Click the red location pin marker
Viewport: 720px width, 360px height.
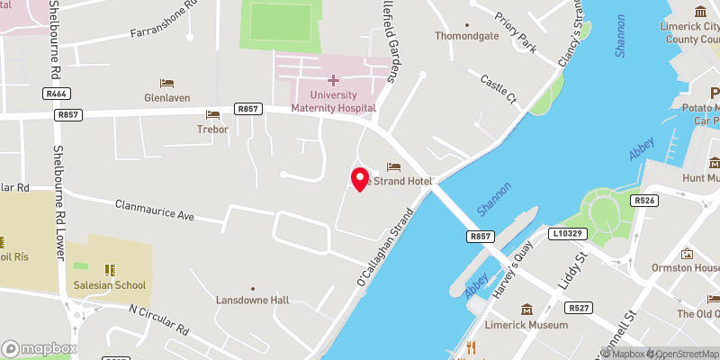coord(360,178)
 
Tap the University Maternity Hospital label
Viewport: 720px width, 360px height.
coord(333,101)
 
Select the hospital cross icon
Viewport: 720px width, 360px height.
coord(333,81)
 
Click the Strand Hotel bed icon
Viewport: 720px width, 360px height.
coord(393,166)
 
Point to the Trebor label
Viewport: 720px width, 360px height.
coord(213,129)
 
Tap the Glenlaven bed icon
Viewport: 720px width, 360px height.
coord(166,84)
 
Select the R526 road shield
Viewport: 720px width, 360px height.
coord(643,201)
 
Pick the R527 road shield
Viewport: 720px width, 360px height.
coord(580,308)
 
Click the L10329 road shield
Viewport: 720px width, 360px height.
coord(567,233)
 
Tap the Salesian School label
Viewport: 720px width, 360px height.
coord(110,285)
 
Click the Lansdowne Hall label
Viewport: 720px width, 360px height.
coord(252,301)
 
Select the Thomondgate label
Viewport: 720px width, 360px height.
coord(466,37)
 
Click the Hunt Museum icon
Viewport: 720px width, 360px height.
coord(714,163)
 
